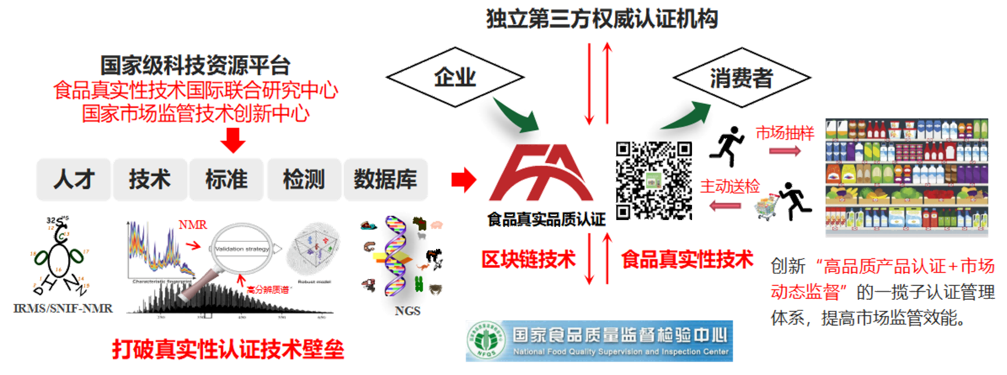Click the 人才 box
[73, 179]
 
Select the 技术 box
[150, 179]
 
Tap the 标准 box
[227, 179]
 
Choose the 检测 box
[304, 179]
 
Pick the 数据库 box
[386, 179]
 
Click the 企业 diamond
[455, 77]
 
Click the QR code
[653, 180]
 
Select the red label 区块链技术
[528, 259]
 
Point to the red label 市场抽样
[785, 133]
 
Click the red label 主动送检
[730, 187]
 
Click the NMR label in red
[193, 225]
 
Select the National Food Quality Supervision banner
[599, 341]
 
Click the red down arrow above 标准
[233, 140]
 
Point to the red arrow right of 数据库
[464, 180]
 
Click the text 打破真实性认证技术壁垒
[228, 349]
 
